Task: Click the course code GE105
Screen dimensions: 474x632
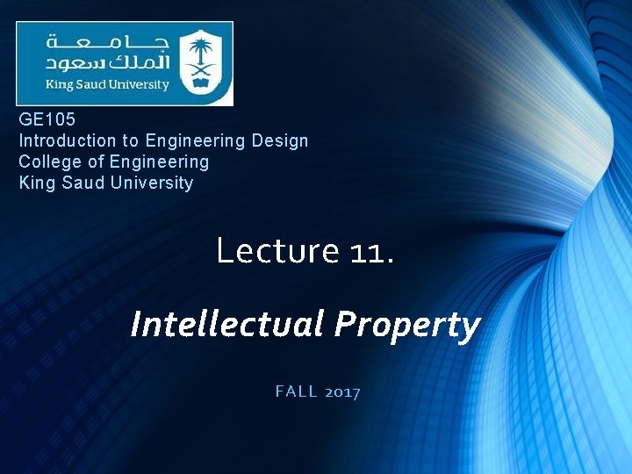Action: point(47,119)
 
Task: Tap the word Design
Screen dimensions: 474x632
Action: point(280,140)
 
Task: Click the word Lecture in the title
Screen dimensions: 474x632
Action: point(277,251)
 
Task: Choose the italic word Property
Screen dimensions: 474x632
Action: point(407,325)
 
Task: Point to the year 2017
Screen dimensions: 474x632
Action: point(341,392)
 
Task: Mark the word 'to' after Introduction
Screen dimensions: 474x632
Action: point(130,140)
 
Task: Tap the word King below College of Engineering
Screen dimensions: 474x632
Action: point(35,183)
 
